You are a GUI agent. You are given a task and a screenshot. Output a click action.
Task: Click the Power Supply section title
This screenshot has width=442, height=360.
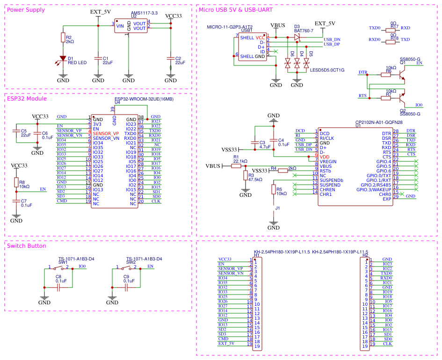(x=26, y=10)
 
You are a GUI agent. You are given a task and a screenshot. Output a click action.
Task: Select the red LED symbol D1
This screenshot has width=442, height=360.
(x=63, y=59)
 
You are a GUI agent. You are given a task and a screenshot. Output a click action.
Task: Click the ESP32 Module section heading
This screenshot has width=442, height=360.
(x=27, y=99)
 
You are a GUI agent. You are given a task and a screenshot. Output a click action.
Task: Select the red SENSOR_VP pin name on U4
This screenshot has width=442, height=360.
(x=106, y=133)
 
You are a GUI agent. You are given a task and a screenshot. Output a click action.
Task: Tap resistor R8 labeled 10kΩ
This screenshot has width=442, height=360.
(x=16, y=182)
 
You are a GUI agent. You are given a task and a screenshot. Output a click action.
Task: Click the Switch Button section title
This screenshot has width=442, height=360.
(x=27, y=246)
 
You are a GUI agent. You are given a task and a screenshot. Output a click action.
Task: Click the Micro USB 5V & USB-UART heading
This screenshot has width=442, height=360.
(x=236, y=9)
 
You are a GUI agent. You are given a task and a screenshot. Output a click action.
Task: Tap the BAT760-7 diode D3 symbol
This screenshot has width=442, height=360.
(x=297, y=36)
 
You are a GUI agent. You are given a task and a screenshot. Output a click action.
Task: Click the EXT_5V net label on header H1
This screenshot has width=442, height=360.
(x=226, y=344)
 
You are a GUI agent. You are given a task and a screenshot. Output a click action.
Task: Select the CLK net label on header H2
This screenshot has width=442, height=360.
(x=387, y=344)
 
